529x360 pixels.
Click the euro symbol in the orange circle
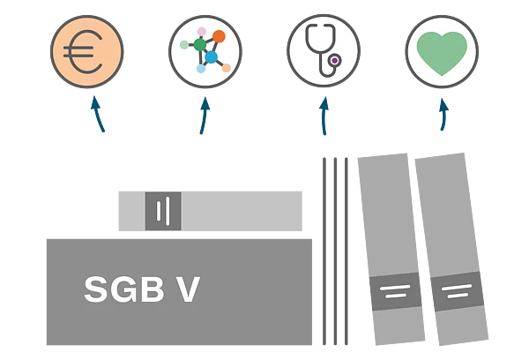point(86,52)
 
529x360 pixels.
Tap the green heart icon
point(442,52)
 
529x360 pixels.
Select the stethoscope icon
point(322,49)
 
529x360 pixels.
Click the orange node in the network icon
point(219,37)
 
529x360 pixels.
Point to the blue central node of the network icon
point(212,56)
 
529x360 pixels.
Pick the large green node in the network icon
point(200,44)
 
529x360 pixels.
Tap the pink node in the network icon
point(201,32)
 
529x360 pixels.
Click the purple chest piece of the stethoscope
point(334,61)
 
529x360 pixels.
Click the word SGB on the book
point(123,289)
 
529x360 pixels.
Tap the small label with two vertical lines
point(163,212)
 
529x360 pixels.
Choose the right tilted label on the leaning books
point(456,291)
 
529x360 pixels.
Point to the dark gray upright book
point(334,251)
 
